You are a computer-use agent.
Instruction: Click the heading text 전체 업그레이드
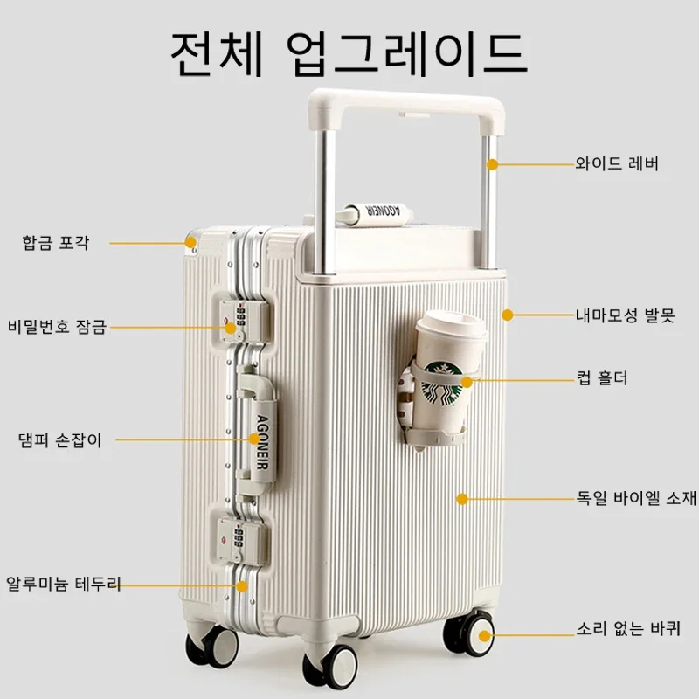(x=349, y=53)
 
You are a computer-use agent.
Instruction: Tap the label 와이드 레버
(x=617, y=163)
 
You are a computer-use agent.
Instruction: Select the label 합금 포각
(x=56, y=243)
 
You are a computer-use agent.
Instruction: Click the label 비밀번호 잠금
(x=57, y=327)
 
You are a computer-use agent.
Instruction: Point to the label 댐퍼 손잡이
(x=60, y=440)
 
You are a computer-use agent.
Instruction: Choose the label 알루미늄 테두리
(x=63, y=584)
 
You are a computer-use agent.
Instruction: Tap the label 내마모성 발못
(x=625, y=315)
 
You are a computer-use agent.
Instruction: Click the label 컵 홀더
(x=602, y=378)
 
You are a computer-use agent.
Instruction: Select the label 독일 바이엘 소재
(x=636, y=497)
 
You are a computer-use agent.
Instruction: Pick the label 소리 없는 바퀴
(x=628, y=628)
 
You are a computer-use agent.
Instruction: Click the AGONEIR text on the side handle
(x=263, y=442)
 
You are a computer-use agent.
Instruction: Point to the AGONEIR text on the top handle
(x=382, y=211)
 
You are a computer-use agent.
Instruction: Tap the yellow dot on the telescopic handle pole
(x=492, y=164)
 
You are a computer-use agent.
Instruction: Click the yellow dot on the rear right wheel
(x=485, y=636)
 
